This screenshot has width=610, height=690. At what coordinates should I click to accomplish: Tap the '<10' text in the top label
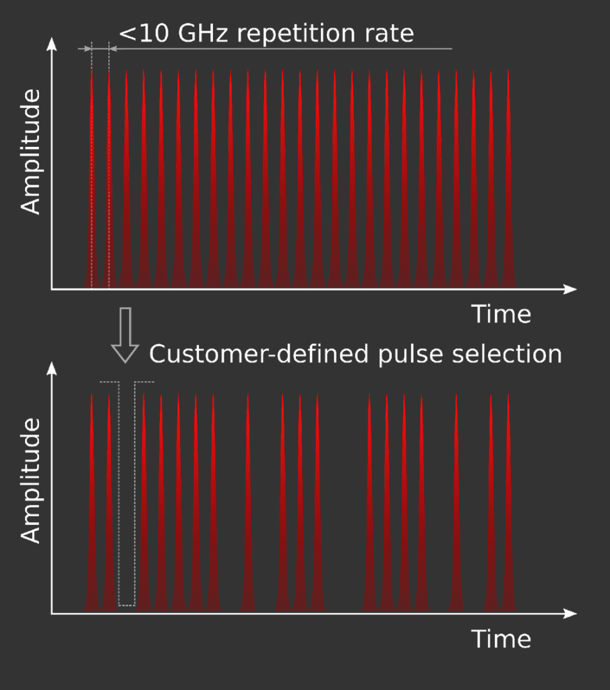coord(145,34)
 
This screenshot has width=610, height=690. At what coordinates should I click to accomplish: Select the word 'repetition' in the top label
coord(302,34)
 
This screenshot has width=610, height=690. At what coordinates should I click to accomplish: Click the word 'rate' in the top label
coord(390,34)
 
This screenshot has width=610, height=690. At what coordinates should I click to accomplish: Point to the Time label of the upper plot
coord(501,315)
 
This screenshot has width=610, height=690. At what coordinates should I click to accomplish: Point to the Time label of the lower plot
coord(501,639)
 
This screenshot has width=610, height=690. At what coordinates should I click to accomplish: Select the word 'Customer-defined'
coord(259,354)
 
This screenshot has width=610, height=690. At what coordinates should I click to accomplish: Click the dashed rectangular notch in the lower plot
coord(127,495)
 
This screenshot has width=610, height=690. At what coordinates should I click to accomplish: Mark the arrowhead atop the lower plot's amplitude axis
coord(52,369)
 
